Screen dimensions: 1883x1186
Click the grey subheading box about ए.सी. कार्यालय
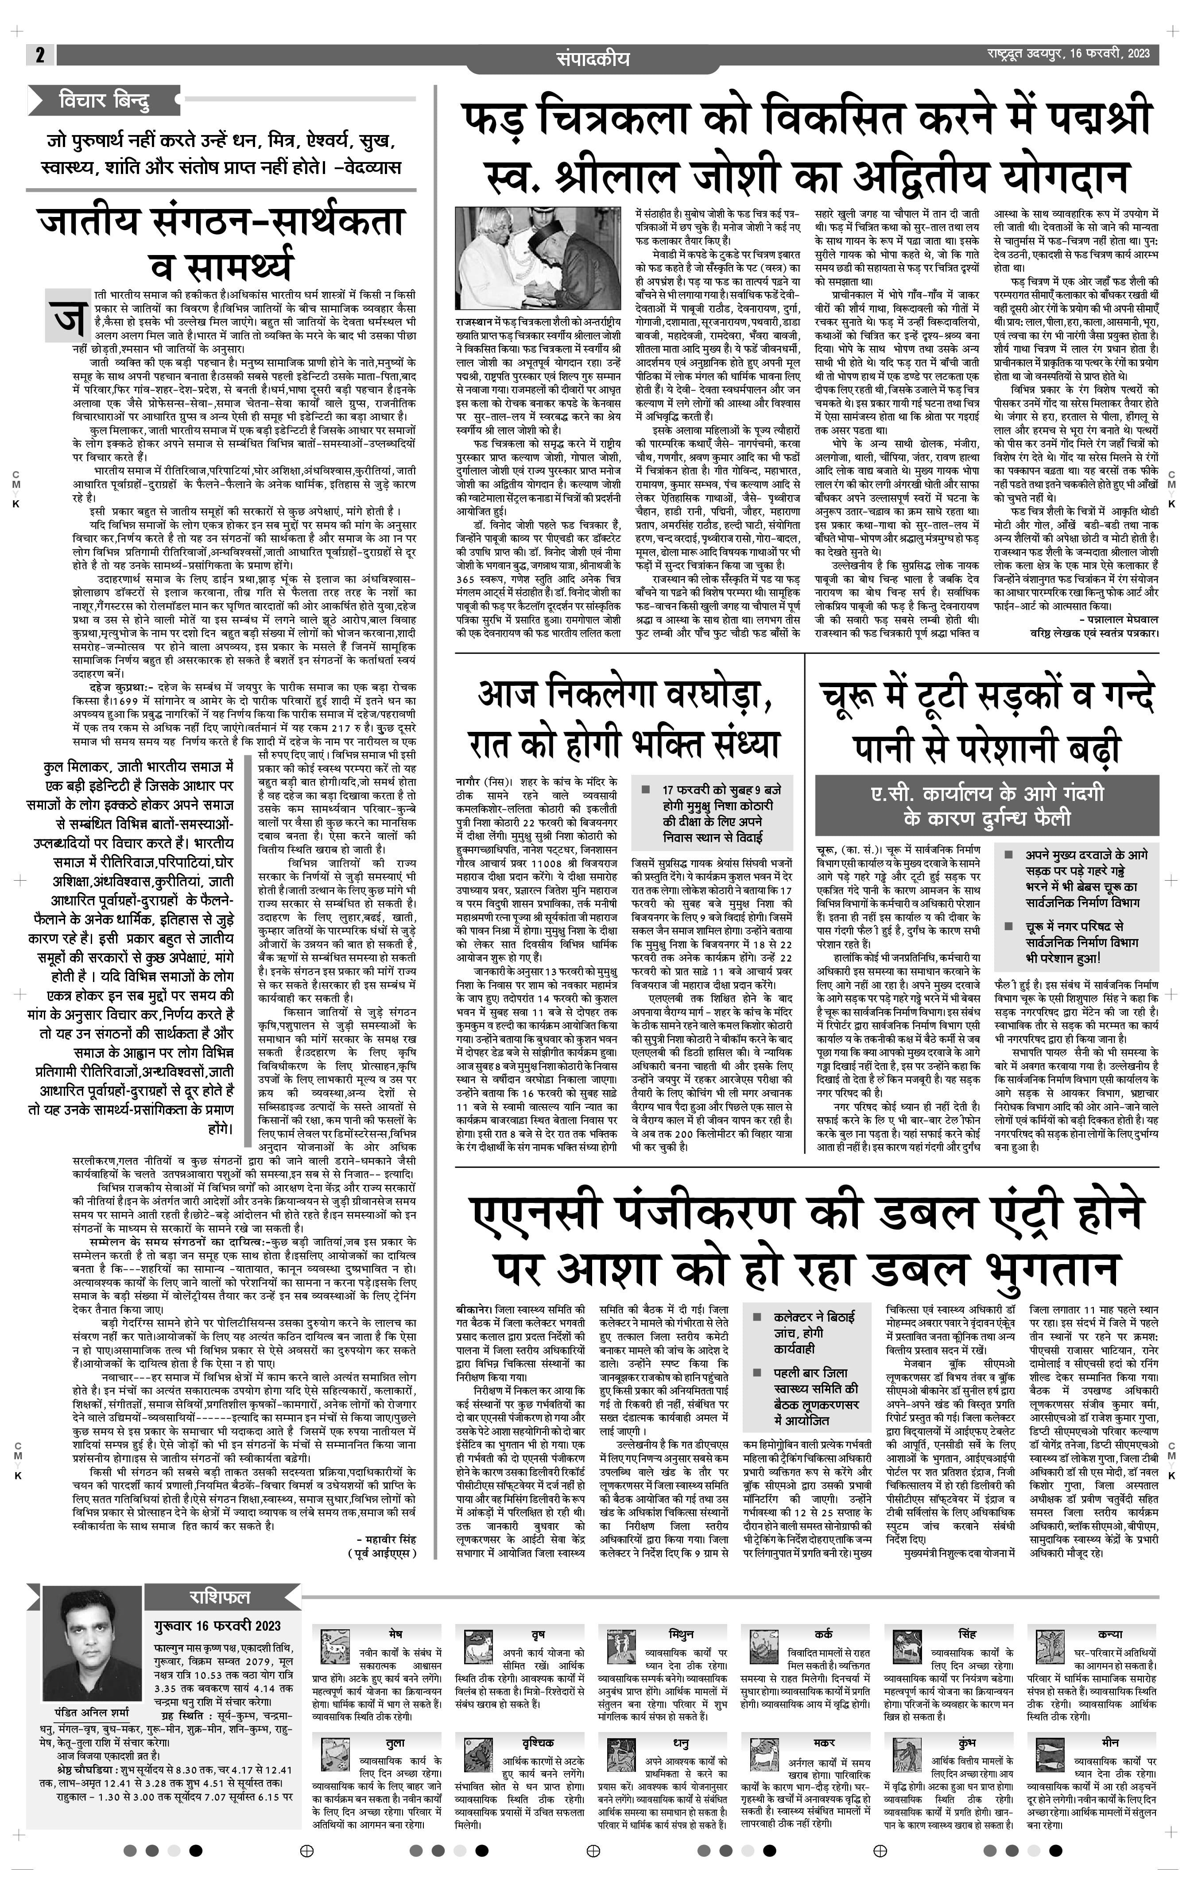pyautogui.click(x=987, y=804)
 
